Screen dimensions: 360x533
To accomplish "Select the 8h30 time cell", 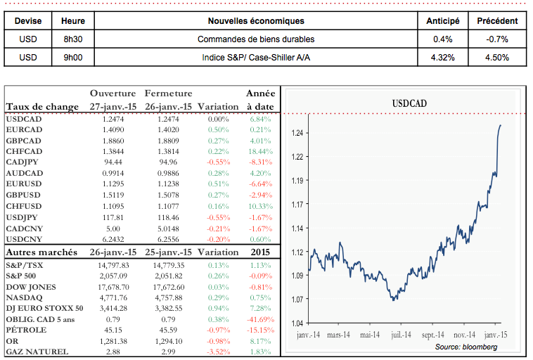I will pos(73,39).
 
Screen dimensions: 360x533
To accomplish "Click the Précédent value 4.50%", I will pos(497,58).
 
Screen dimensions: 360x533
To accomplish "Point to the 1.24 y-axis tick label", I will pos(297,134).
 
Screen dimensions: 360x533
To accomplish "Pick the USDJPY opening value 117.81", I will pos(113,217).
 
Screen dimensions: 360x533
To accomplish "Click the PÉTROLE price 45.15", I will pos(113,329).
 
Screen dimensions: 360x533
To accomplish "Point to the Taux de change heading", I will pos(42,106).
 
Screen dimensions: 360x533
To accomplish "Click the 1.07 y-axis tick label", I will pos(297,300).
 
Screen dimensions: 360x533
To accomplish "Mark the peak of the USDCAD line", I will pos(500,125).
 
